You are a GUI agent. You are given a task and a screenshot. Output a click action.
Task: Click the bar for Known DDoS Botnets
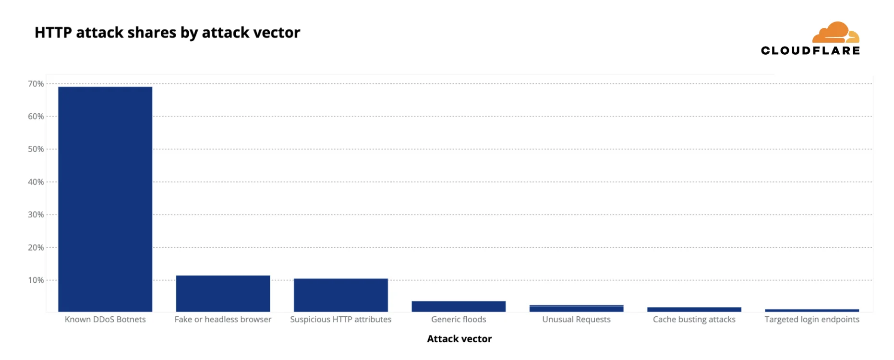coord(105,199)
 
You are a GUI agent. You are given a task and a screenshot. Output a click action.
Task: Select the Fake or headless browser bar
coord(223,293)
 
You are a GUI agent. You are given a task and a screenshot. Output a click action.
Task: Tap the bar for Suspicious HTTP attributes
coord(340,295)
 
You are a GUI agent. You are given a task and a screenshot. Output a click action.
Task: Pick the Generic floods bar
coord(459,306)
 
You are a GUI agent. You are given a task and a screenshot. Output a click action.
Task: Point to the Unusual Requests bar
coord(576,308)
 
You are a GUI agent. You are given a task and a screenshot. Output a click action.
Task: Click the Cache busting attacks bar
coord(694,309)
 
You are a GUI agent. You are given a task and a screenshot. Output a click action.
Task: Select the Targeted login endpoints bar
coord(811,310)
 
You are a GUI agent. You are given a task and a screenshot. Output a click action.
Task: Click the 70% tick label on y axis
coord(36,84)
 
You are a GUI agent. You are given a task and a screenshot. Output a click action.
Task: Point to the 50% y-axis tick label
coord(36,149)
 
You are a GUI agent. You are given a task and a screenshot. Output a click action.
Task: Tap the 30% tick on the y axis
coord(36,215)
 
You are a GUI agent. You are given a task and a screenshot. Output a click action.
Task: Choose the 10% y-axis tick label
coord(36,280)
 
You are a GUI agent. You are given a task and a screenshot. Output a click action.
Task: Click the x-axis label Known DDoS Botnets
coord(105,320)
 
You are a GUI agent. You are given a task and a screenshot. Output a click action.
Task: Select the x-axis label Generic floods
coord(459,320)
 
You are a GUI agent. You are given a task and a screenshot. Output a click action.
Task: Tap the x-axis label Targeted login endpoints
coord(811,320)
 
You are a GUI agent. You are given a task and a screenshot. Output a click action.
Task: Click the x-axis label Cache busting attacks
coord(694,320)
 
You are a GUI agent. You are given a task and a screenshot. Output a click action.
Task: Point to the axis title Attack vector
coord(459,339)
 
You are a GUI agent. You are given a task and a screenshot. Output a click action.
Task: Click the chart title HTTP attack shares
coord(167,33)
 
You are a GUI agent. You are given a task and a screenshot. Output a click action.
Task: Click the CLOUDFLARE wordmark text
coord(810,51)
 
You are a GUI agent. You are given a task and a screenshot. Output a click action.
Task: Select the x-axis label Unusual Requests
coord(576,320)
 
